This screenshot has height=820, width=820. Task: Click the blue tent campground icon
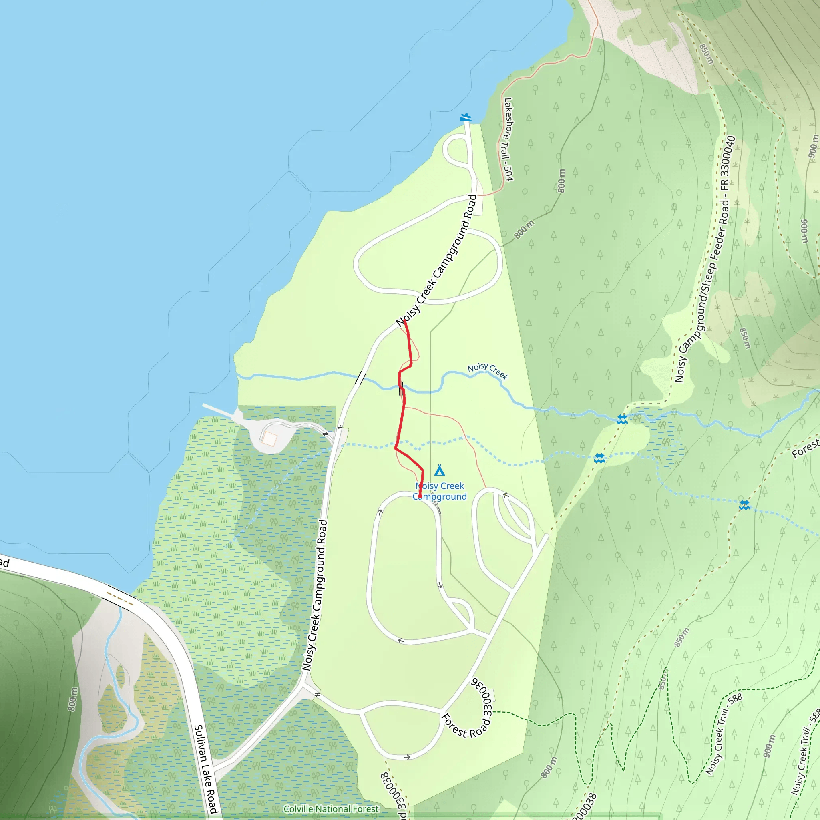point(440,471)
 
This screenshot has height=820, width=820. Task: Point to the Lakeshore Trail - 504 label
point(508,139)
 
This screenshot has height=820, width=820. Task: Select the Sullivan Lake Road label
point(206,769)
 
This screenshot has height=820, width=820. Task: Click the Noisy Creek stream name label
point(488,370)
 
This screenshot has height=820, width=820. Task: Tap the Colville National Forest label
point(331,809)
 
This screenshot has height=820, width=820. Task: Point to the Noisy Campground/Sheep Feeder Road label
point(705,259)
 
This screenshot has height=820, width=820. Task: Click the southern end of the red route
point(420,496)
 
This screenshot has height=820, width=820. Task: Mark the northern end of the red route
point(404,321)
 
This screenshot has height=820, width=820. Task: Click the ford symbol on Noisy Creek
point(622,419)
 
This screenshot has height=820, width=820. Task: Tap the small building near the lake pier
point(269,439)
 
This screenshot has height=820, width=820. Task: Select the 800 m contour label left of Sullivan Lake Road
point(73,699)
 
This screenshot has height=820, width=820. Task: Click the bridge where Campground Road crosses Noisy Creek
point(361,378)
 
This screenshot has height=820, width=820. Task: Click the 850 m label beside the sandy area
point(706,54)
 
